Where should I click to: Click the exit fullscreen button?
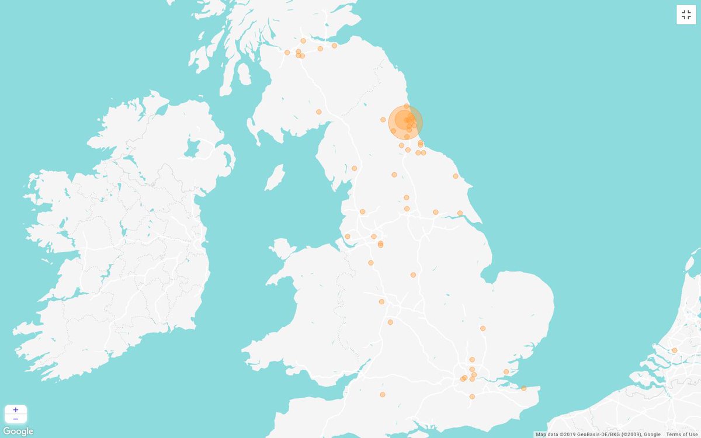[686, 15]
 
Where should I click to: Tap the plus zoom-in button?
[15, 410]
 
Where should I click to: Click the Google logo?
[18, 432]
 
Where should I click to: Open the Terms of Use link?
[682, 434]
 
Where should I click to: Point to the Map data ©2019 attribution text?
[598, 434]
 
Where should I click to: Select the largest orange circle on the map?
[405, 122]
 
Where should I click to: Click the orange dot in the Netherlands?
[674, 350]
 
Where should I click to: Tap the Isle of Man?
[275, 176]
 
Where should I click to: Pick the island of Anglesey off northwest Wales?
[283, 249]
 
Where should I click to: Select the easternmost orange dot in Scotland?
[334, 46]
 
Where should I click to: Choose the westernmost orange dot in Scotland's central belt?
[287, 53]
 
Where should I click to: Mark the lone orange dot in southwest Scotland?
[318, 112]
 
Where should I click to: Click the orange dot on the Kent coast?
[523, 388]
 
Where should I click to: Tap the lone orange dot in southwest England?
[383, 395]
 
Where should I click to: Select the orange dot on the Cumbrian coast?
[354, 168]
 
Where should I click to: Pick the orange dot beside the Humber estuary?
[460, 213]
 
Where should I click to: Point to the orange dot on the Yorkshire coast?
[455, 176]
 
